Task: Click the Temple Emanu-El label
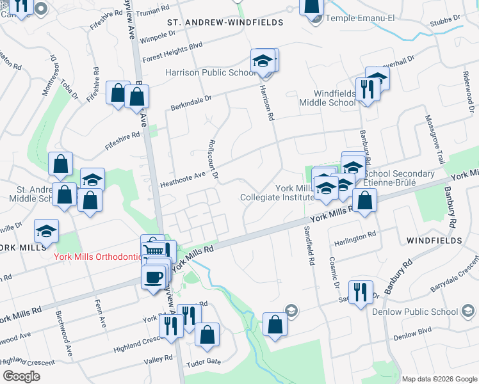coord(363,19)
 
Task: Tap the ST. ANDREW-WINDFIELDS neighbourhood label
coord(225,22)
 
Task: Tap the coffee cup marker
coord(153,278)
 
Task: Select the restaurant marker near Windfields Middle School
coord(367,89)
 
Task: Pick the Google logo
coord(22,376)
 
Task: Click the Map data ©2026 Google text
coord(439,378)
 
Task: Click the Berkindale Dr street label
coord(190,102)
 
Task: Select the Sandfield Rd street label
coord(309,246)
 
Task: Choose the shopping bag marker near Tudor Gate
coord(207,335)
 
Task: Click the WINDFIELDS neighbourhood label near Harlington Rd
coord(434,240)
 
